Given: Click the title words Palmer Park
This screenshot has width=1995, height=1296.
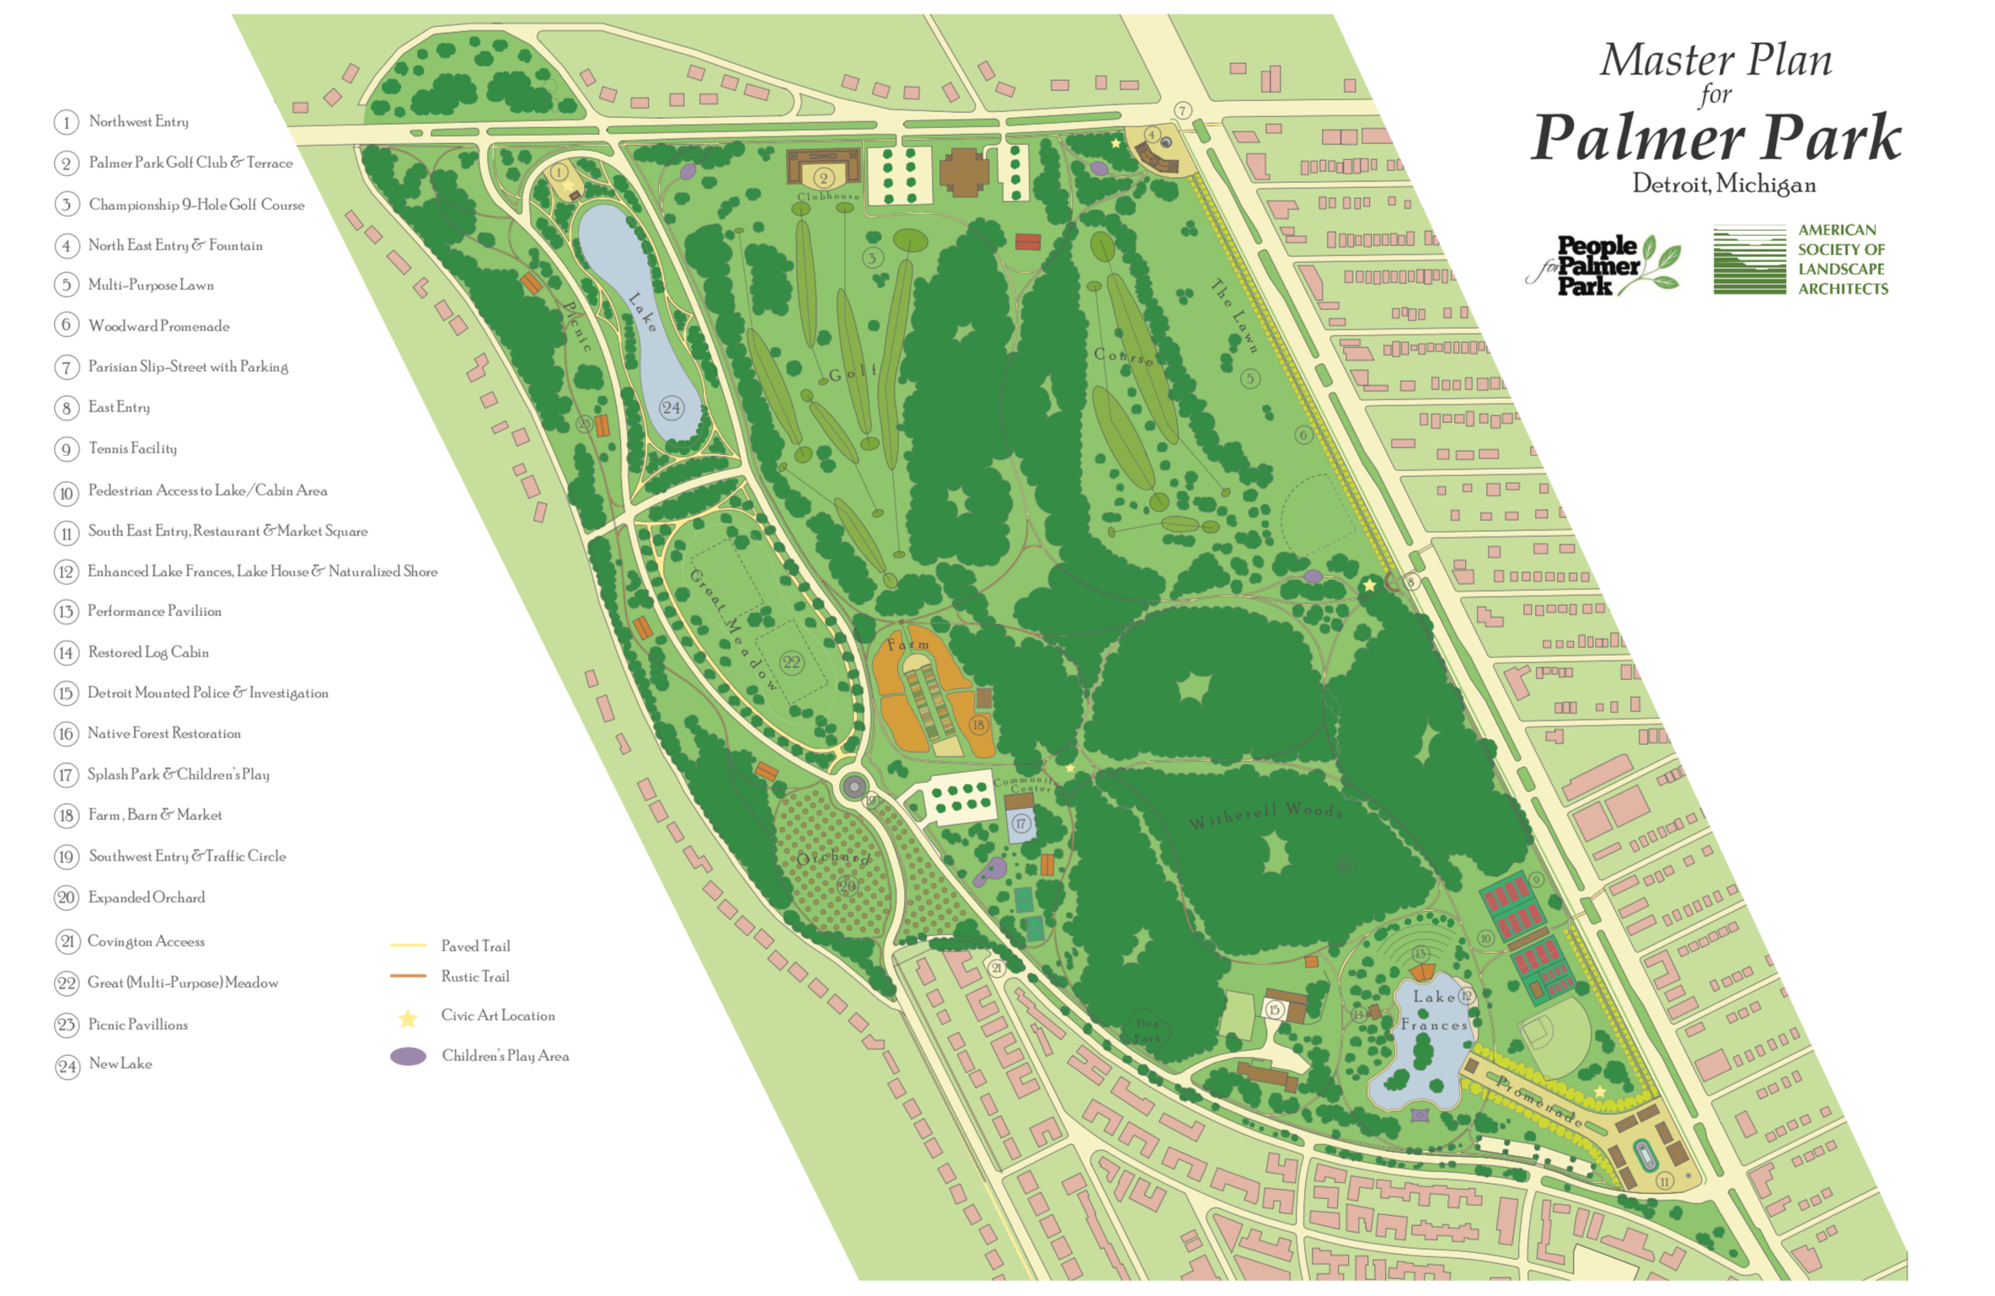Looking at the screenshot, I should (x=1715, y=137).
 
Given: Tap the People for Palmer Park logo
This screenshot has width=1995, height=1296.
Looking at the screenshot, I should (x=1602, y=265).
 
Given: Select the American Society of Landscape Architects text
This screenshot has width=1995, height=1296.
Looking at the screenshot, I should (x=1843, y=259).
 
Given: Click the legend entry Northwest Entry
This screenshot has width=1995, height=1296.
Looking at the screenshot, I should (x=138, y=121).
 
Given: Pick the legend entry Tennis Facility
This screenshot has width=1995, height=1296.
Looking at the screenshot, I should (x=132, y=448).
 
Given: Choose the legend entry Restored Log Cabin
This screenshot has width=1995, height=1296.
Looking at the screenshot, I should (x=147, y=652).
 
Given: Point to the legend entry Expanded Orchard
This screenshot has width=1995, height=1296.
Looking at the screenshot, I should (x=146, y=897).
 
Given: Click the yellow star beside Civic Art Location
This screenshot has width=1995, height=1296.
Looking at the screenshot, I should (x=408, y=1019).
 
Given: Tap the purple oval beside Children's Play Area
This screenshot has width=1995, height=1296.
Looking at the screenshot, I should (x=409, y=1057).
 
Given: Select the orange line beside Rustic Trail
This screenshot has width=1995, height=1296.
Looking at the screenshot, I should (x=408, y=976).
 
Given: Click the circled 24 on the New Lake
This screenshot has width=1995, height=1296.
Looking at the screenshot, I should (x=671, y=408).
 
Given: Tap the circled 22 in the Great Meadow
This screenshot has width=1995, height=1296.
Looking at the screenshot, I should (x=791, y=662).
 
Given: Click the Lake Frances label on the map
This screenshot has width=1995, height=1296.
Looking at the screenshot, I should (x=1433, y=1010).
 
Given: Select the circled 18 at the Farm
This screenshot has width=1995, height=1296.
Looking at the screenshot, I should (x=978, y=725).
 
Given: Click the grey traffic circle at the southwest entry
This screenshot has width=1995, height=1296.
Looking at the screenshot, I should (x=854, y=787).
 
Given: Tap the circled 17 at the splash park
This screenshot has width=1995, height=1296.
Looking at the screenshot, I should (x=1021, y=823).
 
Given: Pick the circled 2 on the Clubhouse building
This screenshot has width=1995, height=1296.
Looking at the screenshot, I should (x=823, y=177).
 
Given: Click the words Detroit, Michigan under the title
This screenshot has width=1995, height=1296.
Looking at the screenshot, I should (x=1724, y=184).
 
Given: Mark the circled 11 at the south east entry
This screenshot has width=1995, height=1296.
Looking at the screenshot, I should (x=1664, y=1181).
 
